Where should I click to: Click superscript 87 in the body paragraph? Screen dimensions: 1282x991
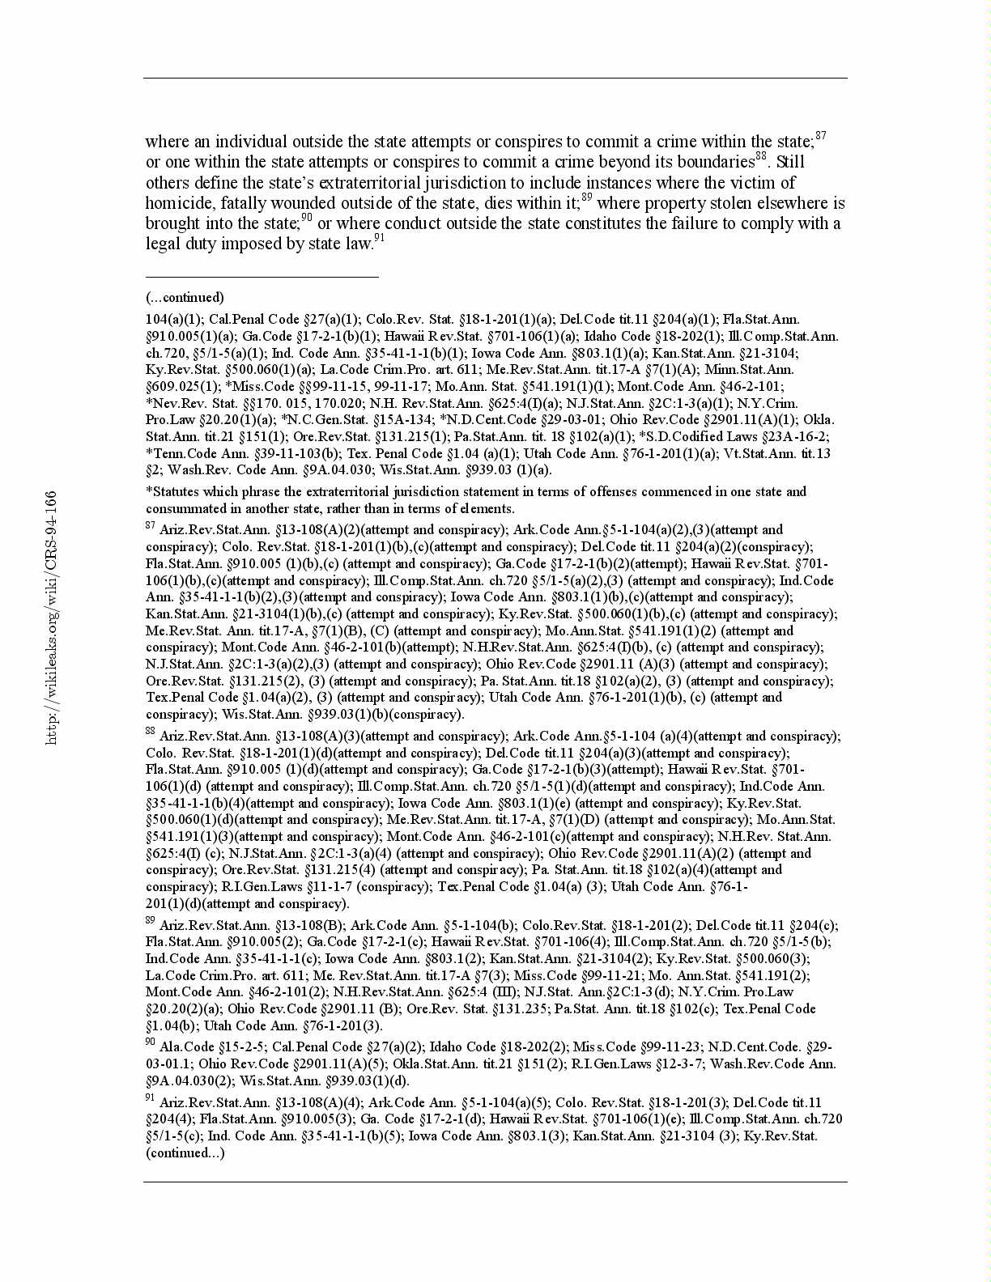click(820, 135)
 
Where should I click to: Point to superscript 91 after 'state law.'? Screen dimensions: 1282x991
click(378, 237)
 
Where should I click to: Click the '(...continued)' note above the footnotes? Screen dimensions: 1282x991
click(185, 297)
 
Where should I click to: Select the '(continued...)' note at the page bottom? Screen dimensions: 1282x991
click(185, 1153)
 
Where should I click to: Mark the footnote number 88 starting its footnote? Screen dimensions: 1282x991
click(151, 732)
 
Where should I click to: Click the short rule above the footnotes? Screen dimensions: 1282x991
click(262, 277)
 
